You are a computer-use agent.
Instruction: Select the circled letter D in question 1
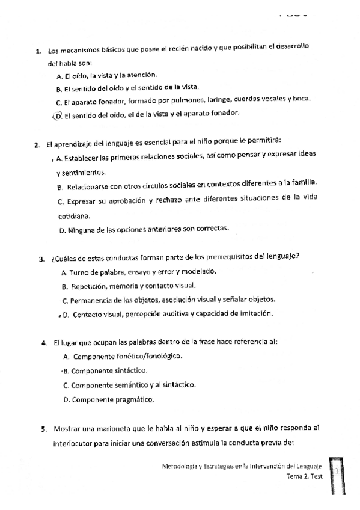pyautogui.click(x=58, y=116)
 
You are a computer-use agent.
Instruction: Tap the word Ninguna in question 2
pyautogui.click(x=81, y=229)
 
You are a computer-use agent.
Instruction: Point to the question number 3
pyautogui.click(x=41, y=259)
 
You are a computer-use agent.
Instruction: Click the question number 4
pyautogui.click(x=44, y=343)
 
